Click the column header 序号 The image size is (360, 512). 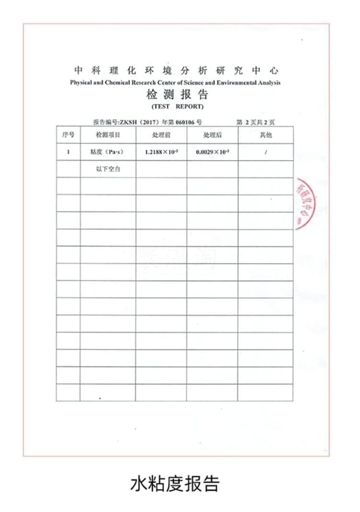[68, 135]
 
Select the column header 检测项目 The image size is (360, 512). [108, 135]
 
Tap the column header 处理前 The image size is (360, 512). [161, 135]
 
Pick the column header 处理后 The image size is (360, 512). [212, 135]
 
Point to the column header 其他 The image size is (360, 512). [265, 135]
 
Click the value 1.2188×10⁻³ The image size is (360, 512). [162, 152]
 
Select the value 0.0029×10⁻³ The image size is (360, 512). [213, 152]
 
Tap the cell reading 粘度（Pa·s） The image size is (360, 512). [107, 152]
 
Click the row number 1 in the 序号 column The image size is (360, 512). [68, 152]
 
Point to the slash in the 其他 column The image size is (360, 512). [265, 152]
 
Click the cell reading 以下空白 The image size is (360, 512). [108, 169]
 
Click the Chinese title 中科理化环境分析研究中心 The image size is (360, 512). [176, 71]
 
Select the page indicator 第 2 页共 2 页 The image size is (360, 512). [255, 122]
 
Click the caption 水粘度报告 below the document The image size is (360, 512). [175, 483]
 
